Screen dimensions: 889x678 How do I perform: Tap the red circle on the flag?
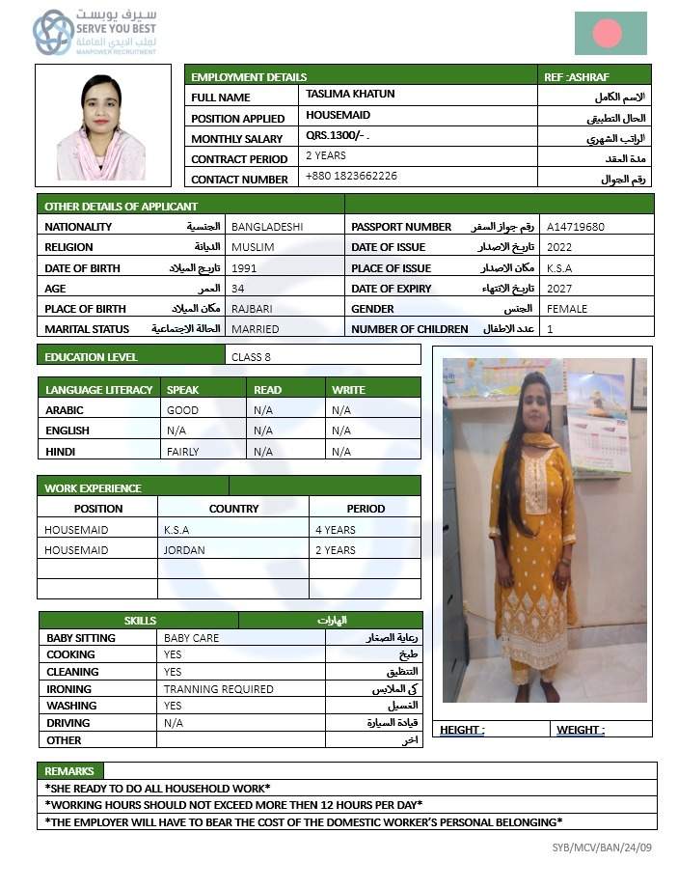pos(607,34)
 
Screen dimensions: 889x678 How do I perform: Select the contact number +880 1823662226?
pos(351,177)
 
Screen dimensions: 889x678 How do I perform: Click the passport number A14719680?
pos(576,227)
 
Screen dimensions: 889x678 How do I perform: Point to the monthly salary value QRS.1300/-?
pos(337,137)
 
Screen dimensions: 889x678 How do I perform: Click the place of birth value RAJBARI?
pos(252,309)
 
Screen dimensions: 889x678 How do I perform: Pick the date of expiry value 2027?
pos(559,289)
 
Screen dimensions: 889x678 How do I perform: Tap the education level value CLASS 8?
pos(252,356)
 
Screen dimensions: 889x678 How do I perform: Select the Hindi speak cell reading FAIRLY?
pos(183,451)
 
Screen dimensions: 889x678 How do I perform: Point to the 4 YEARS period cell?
pos(336,530)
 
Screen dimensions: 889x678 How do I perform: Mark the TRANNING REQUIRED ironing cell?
pos(219,689)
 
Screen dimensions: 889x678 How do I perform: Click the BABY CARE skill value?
pos(192,638)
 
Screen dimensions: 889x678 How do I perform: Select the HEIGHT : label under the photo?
pos(462,730)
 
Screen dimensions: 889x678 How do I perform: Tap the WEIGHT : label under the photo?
pos(581,730)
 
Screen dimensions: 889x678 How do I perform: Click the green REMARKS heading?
pos(69,771)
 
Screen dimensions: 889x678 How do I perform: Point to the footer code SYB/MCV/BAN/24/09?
pos(595,847)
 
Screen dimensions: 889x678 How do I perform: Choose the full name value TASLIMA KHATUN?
pos(350,95)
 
